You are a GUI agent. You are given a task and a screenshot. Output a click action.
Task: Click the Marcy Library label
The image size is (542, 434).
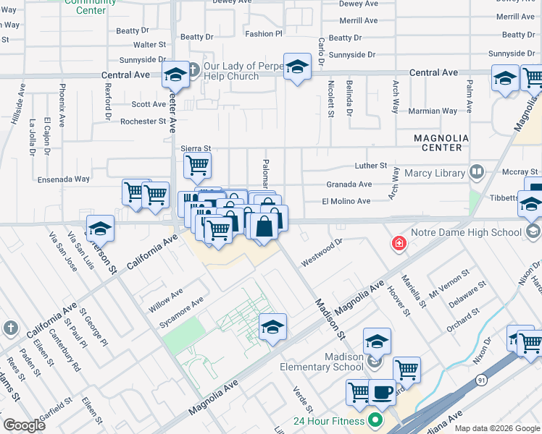[435, 173]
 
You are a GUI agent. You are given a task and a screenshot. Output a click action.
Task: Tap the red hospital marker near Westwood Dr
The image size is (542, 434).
[398, 244]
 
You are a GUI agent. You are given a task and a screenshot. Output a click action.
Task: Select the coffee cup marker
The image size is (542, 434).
[383, 393]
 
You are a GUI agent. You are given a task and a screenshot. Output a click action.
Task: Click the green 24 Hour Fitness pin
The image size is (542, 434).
[375, 420]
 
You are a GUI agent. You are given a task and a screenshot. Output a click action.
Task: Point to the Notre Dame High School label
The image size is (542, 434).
[466, 232]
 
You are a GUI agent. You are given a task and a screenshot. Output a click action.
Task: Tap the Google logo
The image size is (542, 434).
[25, 425]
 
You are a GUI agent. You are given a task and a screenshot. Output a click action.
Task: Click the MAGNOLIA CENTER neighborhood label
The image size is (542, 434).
[438, 142]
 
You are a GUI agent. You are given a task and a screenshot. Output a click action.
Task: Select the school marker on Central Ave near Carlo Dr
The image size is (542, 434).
[296, 67]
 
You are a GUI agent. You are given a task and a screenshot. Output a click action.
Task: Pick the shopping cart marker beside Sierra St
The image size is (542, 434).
[196, 165]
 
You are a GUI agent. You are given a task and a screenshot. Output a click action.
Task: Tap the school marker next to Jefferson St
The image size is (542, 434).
[101, 229]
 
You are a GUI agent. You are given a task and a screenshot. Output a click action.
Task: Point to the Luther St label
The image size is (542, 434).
[371, 166]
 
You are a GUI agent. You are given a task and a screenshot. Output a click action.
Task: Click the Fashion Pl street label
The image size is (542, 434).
[263, 34]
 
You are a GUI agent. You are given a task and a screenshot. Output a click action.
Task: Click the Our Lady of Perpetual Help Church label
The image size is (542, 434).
[231, 71]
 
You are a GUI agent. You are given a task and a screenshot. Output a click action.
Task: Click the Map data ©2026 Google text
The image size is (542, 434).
[496, 428]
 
